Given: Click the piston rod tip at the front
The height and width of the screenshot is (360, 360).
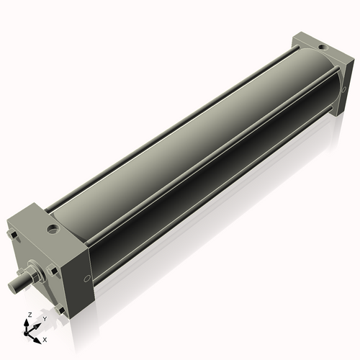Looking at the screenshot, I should point(14,286).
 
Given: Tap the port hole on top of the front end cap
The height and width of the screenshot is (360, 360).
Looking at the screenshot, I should point(52,230).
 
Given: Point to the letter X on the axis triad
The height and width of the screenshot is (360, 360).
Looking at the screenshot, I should point(45,338).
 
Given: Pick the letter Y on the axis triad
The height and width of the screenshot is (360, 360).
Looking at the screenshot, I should point(44,318).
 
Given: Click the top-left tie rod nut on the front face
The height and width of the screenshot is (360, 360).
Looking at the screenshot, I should point(12,234).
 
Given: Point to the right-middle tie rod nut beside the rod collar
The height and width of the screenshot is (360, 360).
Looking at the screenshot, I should point(51,270).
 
